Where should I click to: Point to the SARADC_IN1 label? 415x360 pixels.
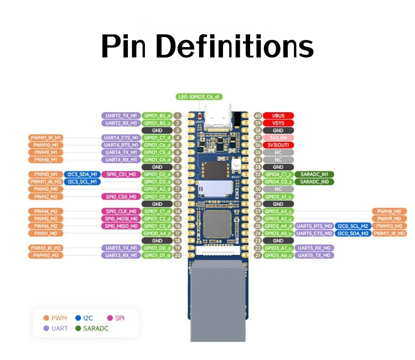[x=314, y=174]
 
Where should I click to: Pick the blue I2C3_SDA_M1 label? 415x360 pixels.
[x=82, y=174]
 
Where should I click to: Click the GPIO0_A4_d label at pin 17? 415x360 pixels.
[x=157, y=233]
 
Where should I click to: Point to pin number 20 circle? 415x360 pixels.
[x=178, y=255]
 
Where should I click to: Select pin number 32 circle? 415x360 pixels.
[x=257, y=174]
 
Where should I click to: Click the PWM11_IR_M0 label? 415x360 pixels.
[x=389, y=233]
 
